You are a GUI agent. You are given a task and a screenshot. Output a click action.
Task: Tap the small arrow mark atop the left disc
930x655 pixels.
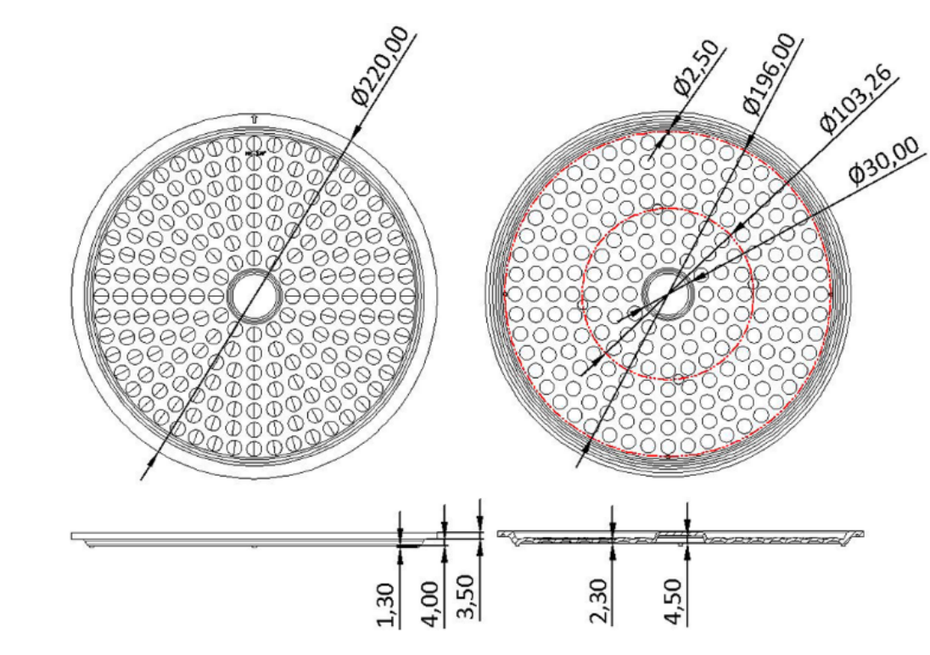255,119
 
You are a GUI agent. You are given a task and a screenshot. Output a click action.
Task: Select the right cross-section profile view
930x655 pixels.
679,536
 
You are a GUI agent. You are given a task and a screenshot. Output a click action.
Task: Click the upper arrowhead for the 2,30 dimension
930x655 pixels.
611,527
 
